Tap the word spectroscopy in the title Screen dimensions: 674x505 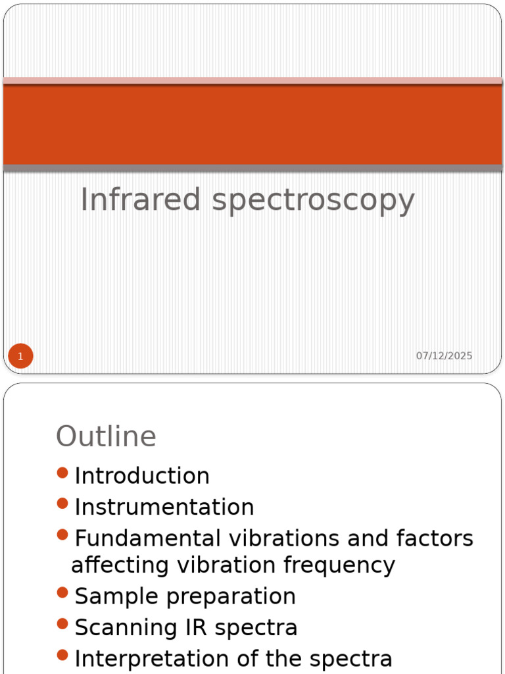313,201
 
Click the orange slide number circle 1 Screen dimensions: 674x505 20,357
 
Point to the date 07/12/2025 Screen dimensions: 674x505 444,356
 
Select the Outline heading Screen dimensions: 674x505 106,436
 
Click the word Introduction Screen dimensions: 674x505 142,476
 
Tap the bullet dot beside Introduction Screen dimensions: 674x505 62,473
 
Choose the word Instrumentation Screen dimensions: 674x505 164,507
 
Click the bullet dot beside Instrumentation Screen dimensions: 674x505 62,504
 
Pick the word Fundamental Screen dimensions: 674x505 148,538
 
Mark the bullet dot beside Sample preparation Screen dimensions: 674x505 62,593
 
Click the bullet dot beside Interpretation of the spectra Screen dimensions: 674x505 62,655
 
